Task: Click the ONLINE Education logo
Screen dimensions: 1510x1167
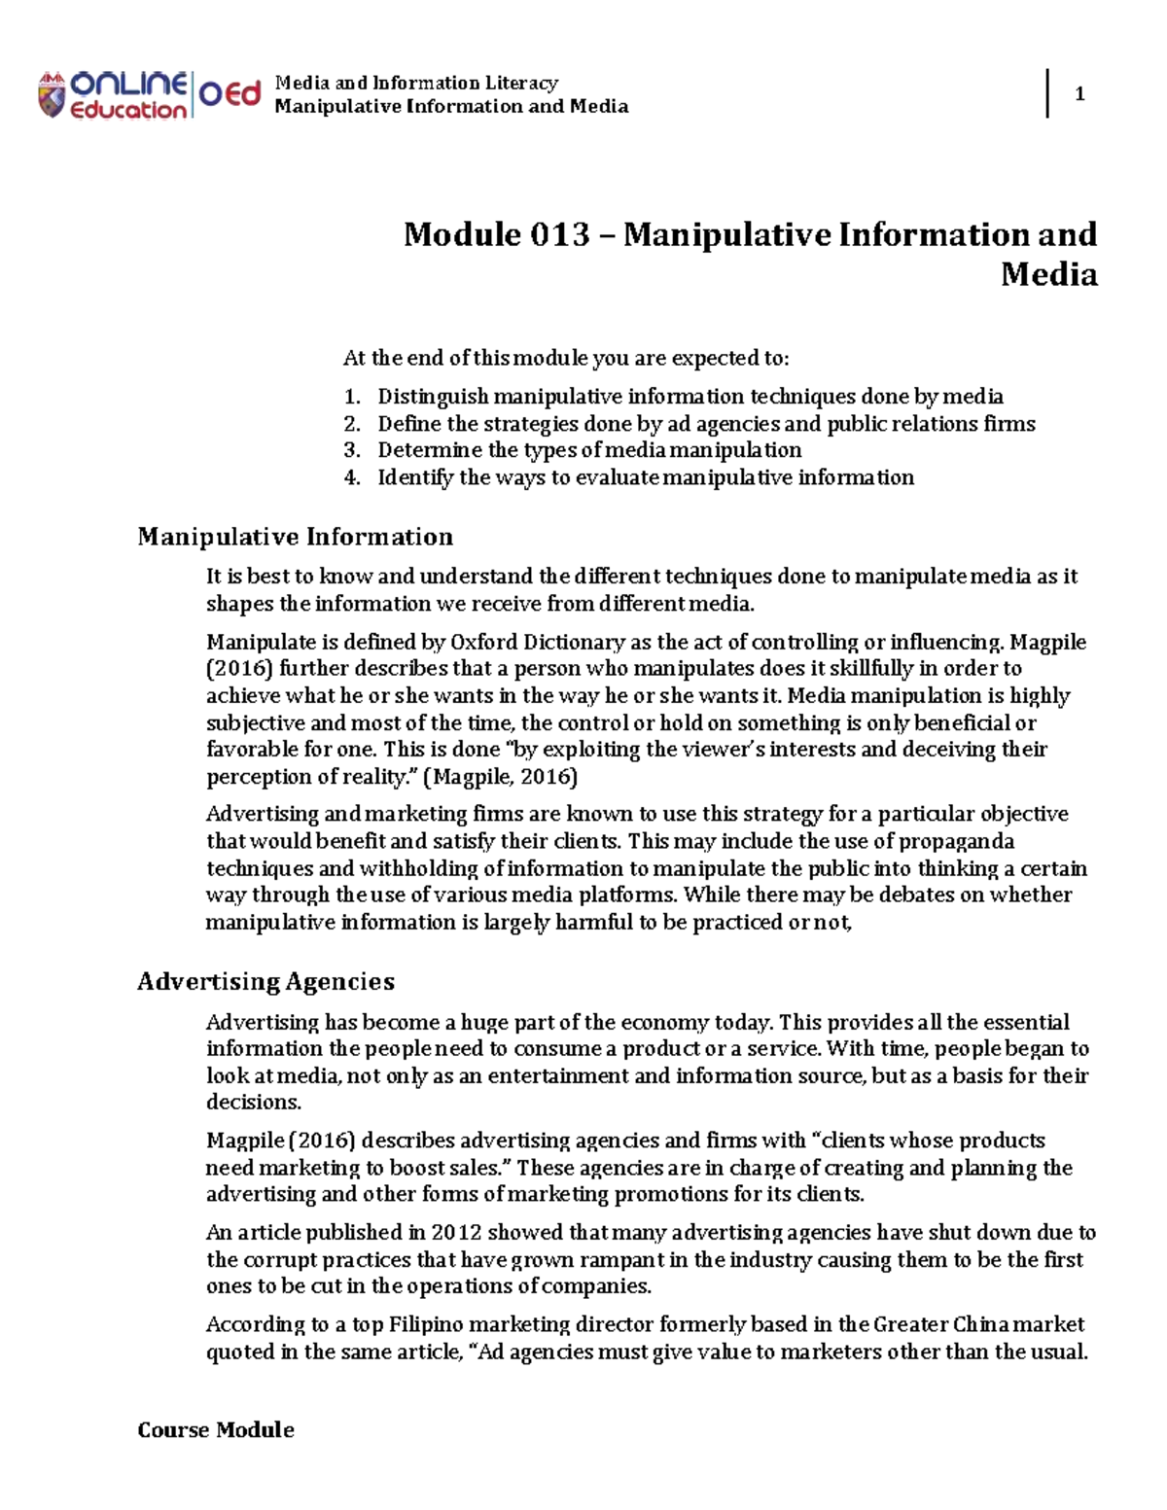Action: click(112, 95)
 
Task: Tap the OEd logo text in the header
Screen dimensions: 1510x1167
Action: click(230, 94)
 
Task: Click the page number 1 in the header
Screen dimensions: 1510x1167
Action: click(1079, 94)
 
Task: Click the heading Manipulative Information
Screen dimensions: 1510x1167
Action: click(295, 537)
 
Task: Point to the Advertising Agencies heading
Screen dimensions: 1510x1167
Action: click(265, 981)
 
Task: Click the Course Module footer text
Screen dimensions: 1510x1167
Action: click(215, 1429)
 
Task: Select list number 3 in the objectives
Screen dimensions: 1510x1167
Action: click(352, 450)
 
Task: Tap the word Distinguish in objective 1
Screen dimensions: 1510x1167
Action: click(433, 397)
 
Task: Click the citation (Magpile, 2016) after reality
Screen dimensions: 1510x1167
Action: click(506, 777)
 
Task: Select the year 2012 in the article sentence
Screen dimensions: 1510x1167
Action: click(456, 1233)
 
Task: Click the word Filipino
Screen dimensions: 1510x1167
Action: click(429, 1324)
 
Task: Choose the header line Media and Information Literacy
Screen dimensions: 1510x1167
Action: click(416, 83)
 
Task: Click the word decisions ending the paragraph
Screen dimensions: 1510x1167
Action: click(253, 1103)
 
